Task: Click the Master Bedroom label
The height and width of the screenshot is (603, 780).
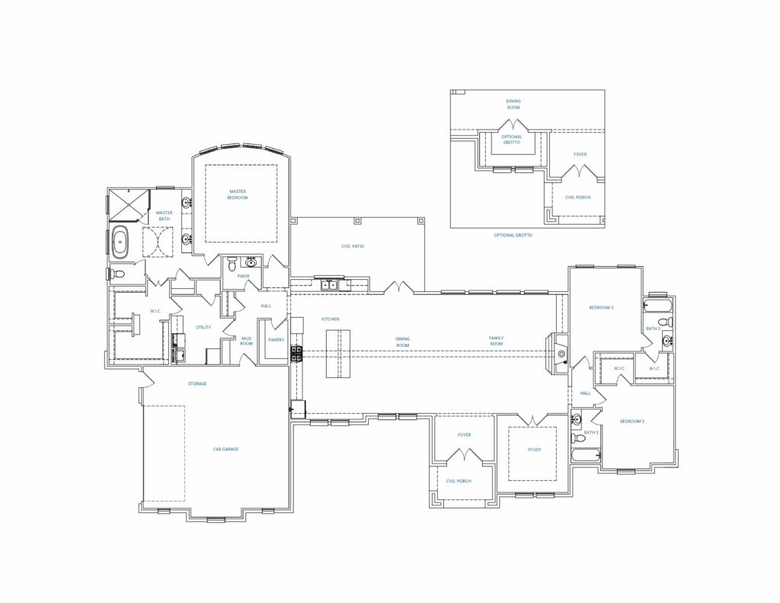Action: click(238, 194)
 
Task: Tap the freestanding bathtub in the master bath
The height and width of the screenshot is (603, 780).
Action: click(120, 242)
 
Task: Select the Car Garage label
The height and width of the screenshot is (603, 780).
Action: click(225, 449)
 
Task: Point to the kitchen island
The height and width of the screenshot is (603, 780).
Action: click(338, 354)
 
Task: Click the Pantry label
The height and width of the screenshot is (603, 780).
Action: click(276, 340)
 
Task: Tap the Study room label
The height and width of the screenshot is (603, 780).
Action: click(534, 450)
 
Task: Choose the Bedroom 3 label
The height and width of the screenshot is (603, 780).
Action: click(602, 308)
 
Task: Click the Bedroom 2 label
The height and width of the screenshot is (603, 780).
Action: click(632, 422)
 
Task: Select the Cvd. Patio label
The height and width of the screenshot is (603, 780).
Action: click(353, 246)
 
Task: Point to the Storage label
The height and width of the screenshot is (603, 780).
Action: click(197, 384)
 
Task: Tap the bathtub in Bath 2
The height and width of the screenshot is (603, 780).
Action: click(586, 455)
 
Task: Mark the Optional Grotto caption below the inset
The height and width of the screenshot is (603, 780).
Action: click(513, 235)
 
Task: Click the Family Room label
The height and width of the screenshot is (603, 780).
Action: click(496, 341)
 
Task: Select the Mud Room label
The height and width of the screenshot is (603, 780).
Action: click(246, 341)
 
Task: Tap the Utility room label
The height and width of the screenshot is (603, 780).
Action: click(203, 327)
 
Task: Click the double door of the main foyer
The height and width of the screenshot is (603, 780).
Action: click(464, 454)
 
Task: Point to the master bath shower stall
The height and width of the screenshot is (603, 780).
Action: click(129, 205)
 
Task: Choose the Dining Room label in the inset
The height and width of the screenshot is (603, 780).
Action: click(513, 104)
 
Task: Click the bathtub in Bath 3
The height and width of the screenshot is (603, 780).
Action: click(658, 304)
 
